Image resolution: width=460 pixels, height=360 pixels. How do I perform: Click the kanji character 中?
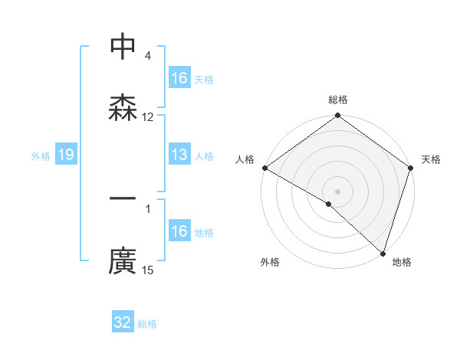[x=123, y=47]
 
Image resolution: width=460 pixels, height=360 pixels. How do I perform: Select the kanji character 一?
[x=123, y=201]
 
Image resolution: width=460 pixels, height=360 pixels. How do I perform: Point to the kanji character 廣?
[x=123, y=262]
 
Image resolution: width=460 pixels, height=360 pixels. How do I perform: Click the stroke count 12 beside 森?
[x=148, y=117]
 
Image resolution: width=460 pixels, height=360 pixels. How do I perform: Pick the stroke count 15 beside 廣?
[x=148, y=270]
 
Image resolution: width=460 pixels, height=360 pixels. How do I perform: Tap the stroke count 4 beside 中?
[x=148, y=55]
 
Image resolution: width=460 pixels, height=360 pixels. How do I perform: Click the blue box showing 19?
[x=65, y=155]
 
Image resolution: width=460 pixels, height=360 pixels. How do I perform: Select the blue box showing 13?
[x=179, y=155]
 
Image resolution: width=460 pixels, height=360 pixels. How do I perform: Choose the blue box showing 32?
[x=123, y=322]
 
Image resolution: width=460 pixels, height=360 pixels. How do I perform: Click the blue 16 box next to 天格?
[x=179, y=78]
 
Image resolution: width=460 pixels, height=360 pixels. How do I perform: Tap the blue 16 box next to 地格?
[x=179, y=231]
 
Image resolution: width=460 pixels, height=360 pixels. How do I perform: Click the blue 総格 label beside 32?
[x=147, y=324]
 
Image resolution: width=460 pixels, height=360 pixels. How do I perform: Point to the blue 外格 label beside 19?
[x=41, y=156]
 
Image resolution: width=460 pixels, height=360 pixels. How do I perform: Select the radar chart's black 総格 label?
[x=338, y=100]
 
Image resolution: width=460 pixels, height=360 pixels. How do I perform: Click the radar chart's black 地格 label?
[x=402, y=263]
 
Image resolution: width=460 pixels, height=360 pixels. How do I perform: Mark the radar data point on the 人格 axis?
[x=264, y=168]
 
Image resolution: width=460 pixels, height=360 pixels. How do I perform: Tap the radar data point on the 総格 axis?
[x=338, y=116]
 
